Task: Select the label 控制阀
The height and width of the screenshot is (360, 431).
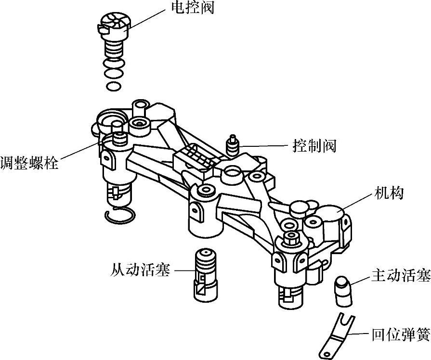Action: pos(314,145)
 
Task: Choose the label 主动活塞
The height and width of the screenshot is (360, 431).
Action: pos(400,276)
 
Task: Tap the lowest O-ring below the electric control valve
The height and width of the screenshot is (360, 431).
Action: pos(114,86)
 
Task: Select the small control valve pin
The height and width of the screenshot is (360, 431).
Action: pos(233,144)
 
